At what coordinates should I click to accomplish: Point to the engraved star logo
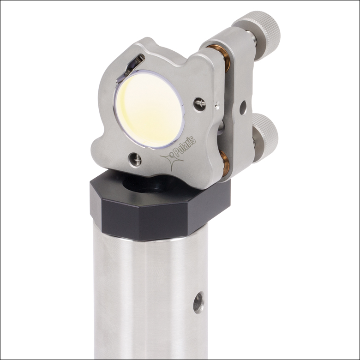point(171,161)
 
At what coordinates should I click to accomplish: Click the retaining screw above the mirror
point(134,63)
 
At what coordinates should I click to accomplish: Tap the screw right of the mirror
point(199,104)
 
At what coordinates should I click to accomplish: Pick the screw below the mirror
point(135,159)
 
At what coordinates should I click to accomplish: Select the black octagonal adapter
point(157,208)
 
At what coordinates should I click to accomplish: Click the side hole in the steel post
point(198,302)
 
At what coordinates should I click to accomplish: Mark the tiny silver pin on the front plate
point(216,106)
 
